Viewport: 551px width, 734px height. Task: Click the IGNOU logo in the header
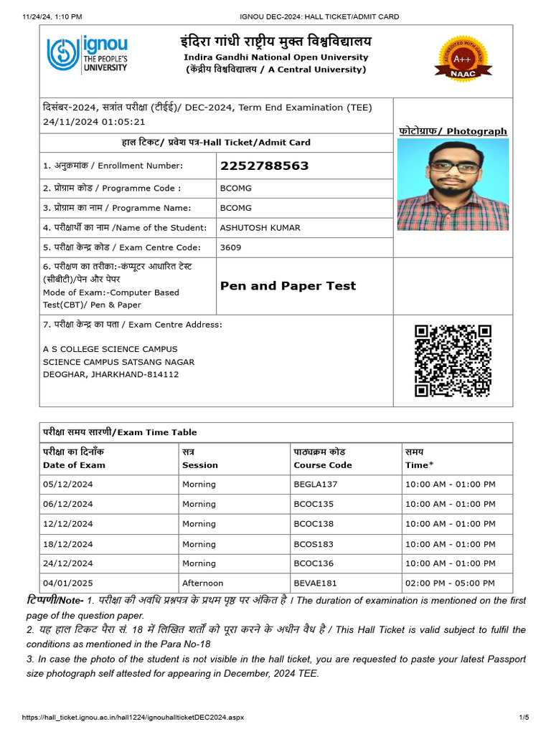pos(87,54)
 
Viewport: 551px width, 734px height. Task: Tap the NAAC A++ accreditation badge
pos(463,57)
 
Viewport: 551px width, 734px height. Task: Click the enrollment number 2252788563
pos(264,166)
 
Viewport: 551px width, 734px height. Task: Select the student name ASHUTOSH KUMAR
pos(260,228)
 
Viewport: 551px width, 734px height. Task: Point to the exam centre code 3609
pos(230,248)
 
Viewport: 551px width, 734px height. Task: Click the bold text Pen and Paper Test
pos(288,286)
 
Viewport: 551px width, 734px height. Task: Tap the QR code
pos(453,361)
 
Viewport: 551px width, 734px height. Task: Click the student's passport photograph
pos(453,184)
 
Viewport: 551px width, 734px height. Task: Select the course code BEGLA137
pos(315,485)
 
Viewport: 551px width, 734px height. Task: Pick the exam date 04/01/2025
pos(67,583)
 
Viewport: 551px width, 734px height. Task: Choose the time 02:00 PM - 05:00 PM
pos(450,583)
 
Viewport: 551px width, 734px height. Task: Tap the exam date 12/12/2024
pos(67,524)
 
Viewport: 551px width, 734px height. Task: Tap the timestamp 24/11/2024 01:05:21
pos(94,122)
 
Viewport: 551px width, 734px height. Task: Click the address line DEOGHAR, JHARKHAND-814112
pos(110,374)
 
